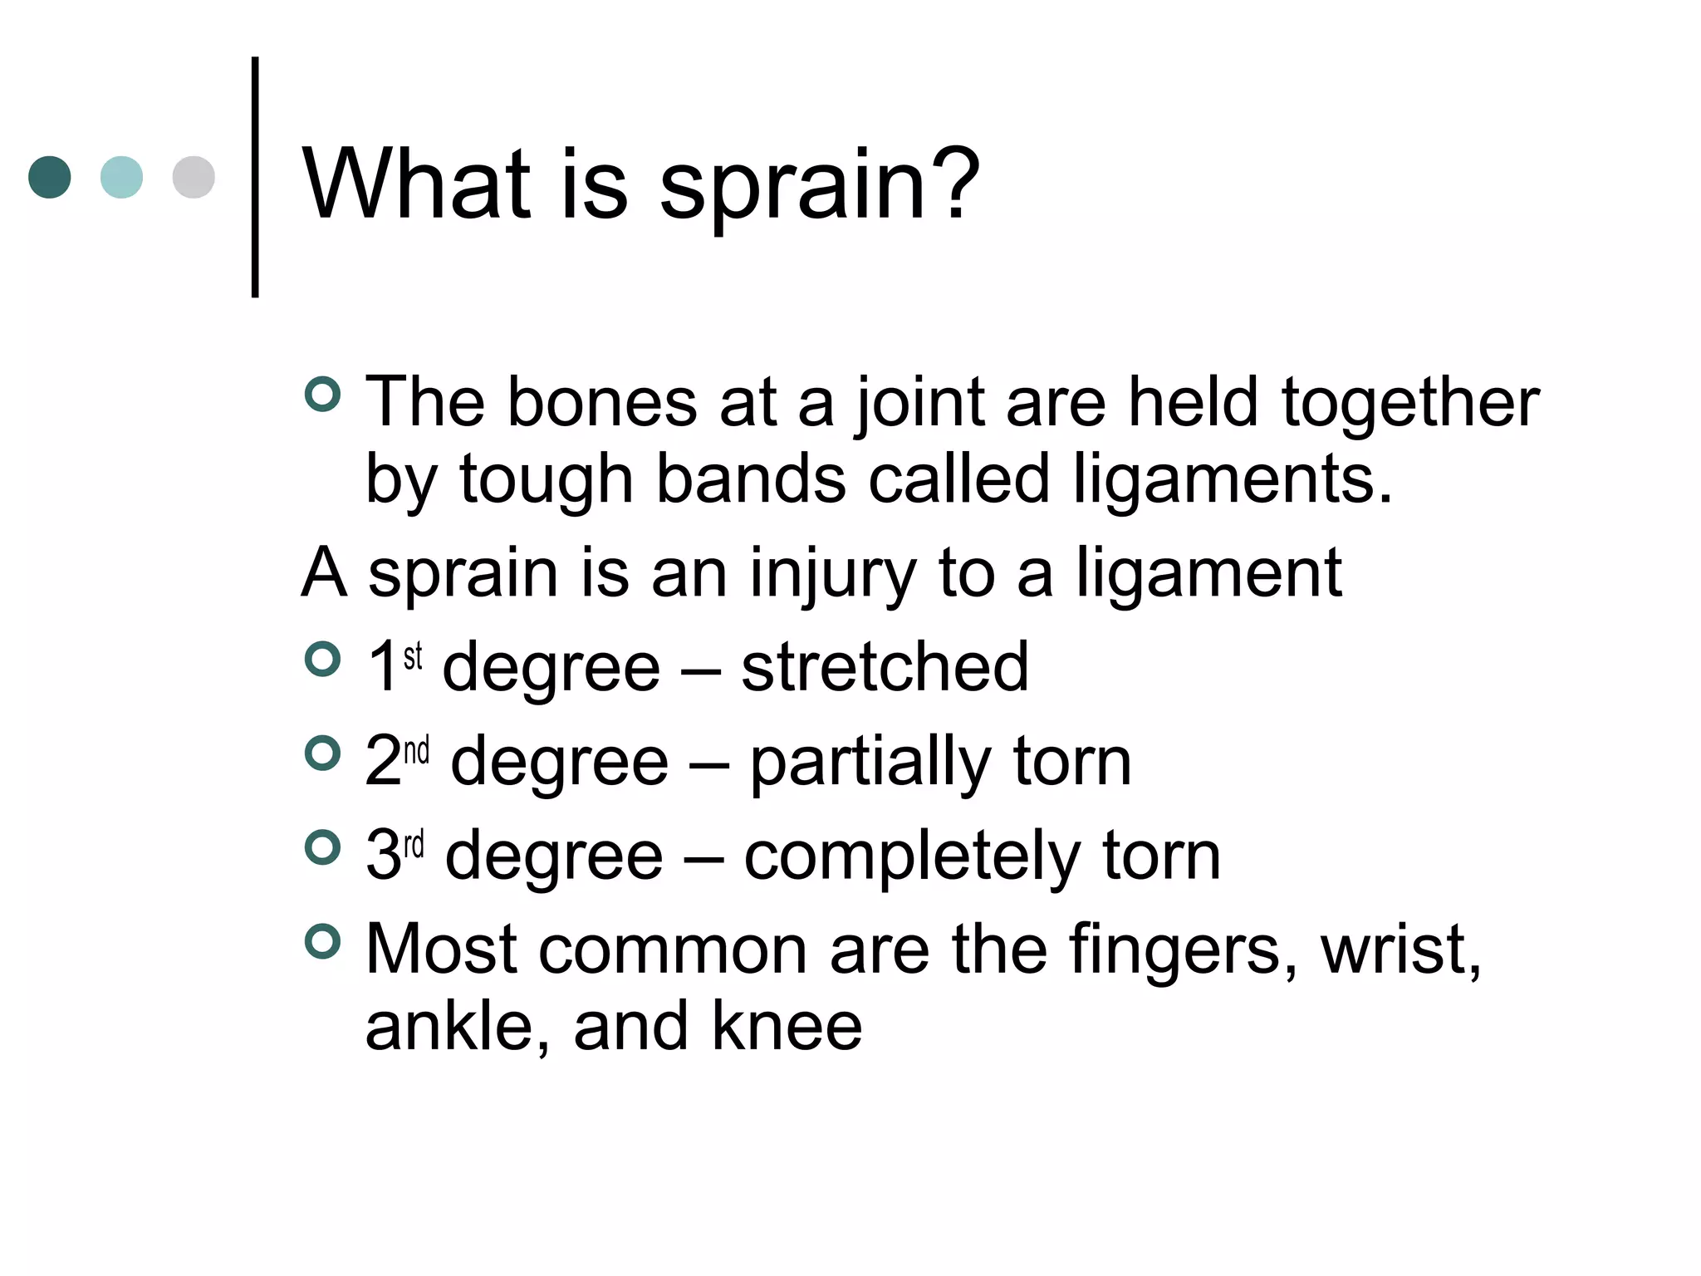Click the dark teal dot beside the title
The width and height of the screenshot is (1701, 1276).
pyautogui.click(x=49, y=177)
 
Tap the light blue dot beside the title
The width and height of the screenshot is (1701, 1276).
pyautogui.click(x=121, y=177)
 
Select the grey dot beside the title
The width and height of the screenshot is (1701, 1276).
pyautogui.click(x=194, y=177)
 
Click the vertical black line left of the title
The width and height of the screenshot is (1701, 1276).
pyautogui.click(x=255, y=177)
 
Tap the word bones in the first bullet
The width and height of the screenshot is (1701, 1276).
pyautogui.click(x=601, y=402)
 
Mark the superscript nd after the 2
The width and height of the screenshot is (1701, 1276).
pyautogui.click(x=417, y=751)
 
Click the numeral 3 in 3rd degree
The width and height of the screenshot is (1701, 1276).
pyautogui.click(x=383, y=855)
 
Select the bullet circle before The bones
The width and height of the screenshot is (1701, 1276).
pyautogui.click(x=322, y=395)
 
